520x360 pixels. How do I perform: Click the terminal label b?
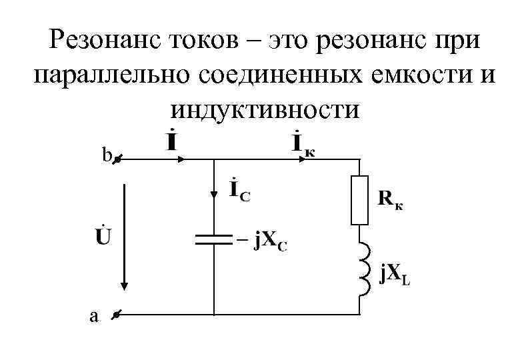(x=105, y=156)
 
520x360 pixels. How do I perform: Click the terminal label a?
(x=93, y=317)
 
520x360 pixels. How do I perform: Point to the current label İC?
(x=239, y=189)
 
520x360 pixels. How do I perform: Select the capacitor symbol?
(x=213, y=239)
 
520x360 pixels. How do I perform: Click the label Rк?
(x=390, y=198)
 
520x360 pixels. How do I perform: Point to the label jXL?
(x=394, y=275)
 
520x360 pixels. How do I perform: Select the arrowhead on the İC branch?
(x=213, y=194)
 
